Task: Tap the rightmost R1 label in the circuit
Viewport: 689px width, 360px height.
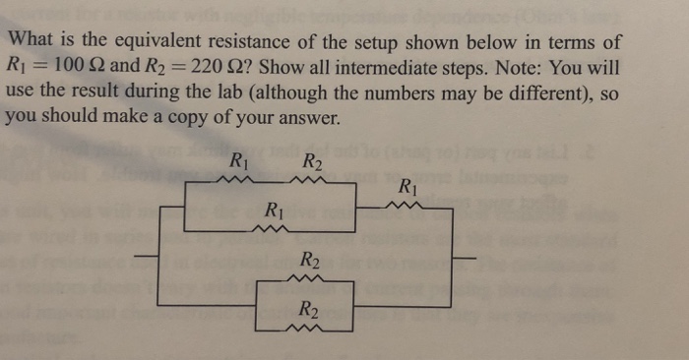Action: (x=408, y=186)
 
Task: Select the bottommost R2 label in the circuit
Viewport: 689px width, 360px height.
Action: (x=308, y=309)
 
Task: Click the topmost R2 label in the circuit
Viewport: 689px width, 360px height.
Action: (x=310, y=161)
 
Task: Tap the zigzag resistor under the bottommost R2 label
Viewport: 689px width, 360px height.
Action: (x=309, y=328)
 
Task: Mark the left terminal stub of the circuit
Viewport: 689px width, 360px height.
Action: (x=146, y=259)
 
